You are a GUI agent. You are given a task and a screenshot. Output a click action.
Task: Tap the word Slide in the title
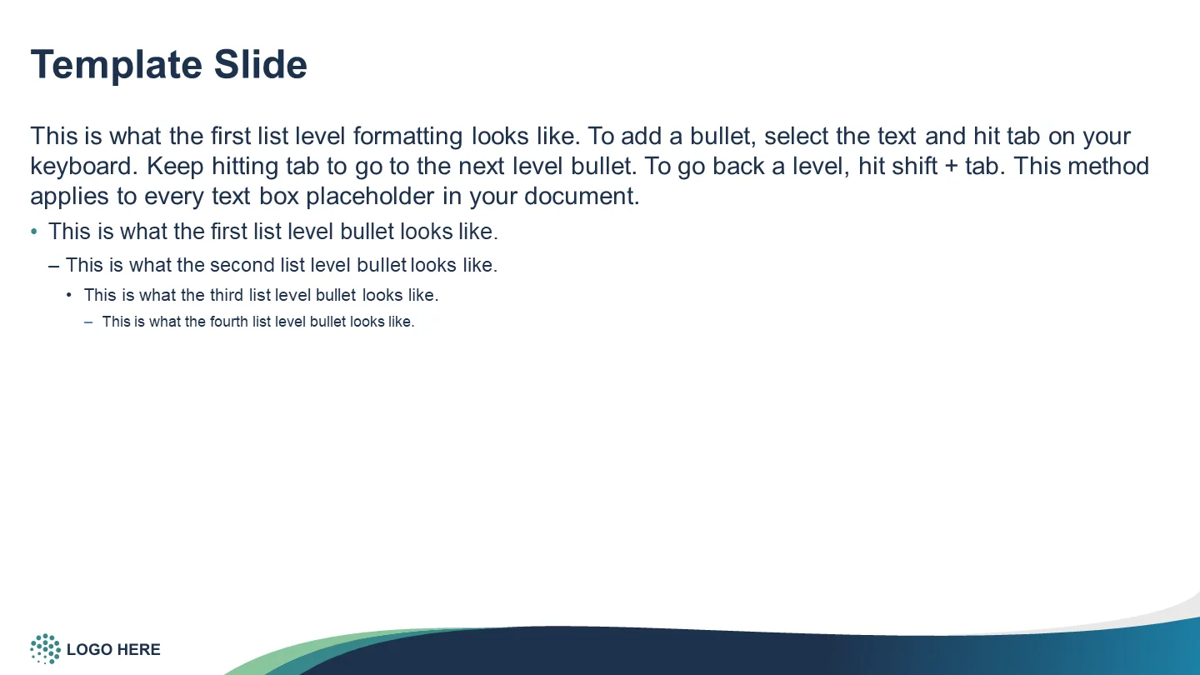tap(260, 65)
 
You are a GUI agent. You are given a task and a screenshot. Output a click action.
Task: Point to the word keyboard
tap(82, 166)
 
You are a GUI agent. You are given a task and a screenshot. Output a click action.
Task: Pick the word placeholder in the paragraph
tap(370, 197)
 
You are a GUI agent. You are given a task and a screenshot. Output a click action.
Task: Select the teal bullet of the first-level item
tap(34, 232)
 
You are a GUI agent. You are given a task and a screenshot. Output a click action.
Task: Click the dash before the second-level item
tap(53, 266)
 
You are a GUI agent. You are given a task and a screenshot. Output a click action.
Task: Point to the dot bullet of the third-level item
tap(68, 295)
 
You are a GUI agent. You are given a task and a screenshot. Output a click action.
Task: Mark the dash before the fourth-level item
tap(88, 322)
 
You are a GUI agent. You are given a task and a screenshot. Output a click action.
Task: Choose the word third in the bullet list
tap(226, 295)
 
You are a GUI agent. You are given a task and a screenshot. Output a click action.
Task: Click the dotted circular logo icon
tap(46, 648)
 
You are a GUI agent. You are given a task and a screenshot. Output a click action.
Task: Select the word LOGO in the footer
tap(89, 650)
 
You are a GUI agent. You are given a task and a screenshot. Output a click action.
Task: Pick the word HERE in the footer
tap(138, 650)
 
